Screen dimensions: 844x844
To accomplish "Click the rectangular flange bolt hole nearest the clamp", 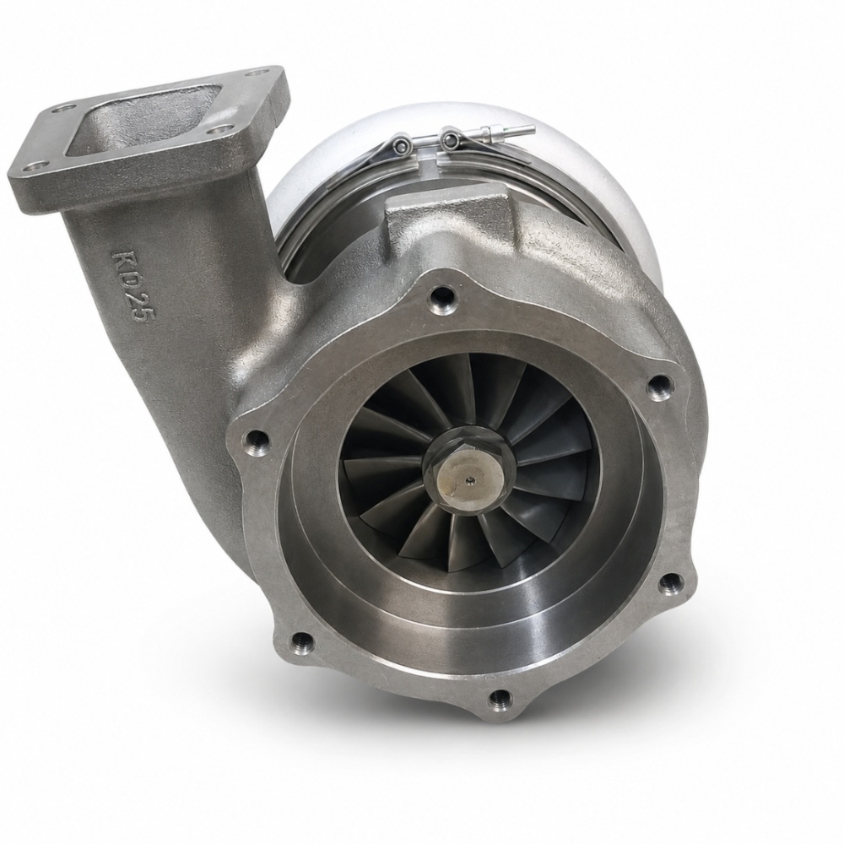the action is [262, 72].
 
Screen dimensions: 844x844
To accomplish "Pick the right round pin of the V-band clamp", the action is [449, 139].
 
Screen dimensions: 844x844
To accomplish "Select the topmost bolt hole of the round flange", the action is [442, 294].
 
